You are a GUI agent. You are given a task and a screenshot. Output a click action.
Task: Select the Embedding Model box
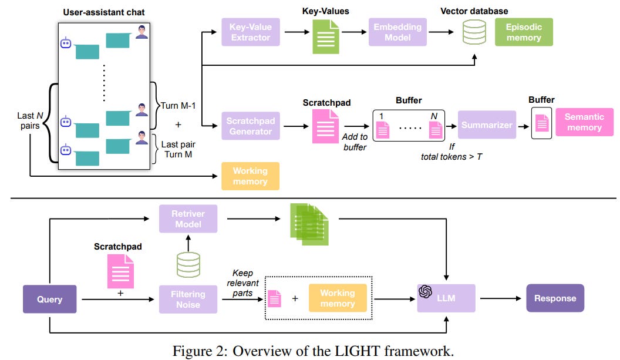(397, 32)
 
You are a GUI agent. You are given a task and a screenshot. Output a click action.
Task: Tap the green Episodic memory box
(523, 32)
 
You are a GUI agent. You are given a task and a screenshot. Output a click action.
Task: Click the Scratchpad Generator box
(251, 125)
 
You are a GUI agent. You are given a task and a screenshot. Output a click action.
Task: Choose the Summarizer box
(487, 125)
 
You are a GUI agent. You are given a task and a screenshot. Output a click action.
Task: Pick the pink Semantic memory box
(584, 123)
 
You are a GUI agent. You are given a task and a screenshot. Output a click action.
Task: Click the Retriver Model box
(188, 218)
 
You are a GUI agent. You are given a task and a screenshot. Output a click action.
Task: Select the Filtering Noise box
(188, 298)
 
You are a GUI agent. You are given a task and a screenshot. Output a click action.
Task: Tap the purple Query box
(50, 299)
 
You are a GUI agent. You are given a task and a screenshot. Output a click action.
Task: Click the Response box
(555, 298)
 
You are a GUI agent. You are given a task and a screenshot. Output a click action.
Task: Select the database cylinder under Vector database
(474, 33)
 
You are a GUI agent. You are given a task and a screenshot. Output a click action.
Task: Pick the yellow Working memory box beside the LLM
(337, 298)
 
